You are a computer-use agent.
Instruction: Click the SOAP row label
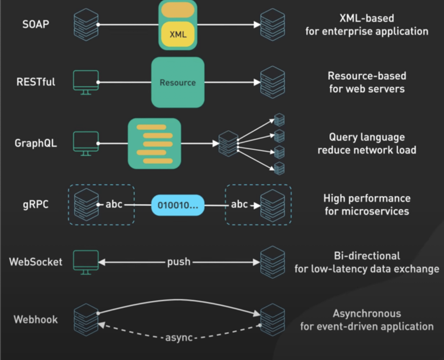coord(35,24)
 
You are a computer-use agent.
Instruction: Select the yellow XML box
coord(178,35)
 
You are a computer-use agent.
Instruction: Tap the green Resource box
coord(178,83)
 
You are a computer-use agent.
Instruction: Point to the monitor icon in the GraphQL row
coord(86,143)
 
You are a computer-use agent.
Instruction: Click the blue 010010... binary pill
coord(178,205)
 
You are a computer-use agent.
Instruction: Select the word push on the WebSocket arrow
coord(179,262)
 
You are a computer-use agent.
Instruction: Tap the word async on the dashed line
coord(179,337)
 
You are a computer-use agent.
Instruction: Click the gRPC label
coord(35,205)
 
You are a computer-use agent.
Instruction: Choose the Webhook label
coord(35,319)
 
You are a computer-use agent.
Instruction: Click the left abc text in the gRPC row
coord(114,205)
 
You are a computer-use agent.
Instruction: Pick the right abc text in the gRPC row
coord(239,205)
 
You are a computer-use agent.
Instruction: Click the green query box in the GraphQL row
coord(154,144)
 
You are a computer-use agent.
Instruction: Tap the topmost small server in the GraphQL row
coord(279,120)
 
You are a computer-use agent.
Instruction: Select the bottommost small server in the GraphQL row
coord(279,168)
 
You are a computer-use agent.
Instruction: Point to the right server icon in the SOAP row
coord(272,24)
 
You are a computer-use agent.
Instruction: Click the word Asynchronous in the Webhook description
coord(367,313)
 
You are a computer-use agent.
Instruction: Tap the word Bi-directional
coord(367,256)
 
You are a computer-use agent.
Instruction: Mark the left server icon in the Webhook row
coord(86,319)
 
